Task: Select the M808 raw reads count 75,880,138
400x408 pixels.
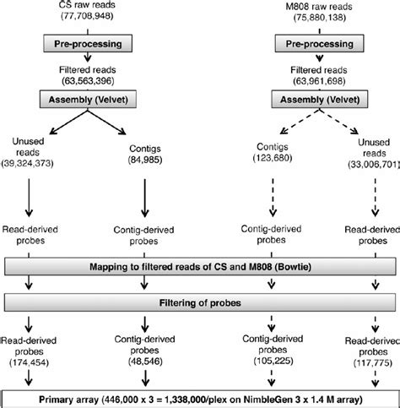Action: coord(319,18)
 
